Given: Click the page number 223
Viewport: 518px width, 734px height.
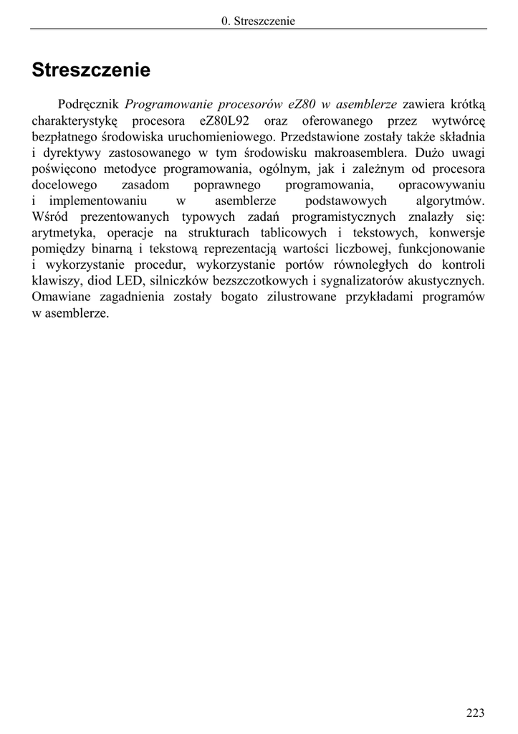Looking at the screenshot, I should click(475, 712).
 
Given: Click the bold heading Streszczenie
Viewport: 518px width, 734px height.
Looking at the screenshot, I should click(91, 71).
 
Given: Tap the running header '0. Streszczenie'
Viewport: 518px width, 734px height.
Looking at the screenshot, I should click(259, 21).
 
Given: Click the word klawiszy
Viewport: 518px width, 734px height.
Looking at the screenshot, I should click(54, 282).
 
